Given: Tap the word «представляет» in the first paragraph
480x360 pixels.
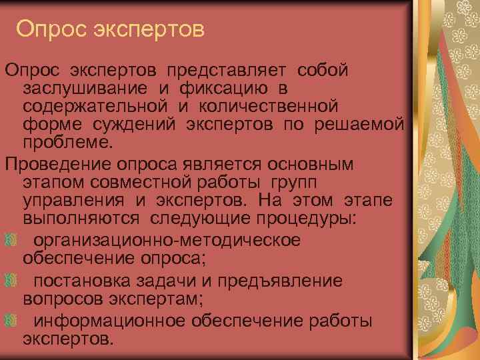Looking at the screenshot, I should coord(223,70).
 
